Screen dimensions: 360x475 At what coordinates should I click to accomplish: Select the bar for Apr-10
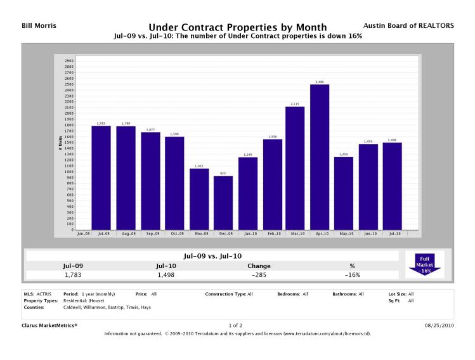(320, 157)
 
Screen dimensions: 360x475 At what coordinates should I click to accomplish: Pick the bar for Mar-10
(296, 168)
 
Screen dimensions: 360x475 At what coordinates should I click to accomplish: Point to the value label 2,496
(320, 82)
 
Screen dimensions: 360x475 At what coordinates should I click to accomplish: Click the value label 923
(223, 173)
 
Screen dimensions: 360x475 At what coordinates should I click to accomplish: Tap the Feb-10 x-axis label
(271, 234)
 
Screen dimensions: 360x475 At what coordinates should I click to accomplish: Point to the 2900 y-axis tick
(69, 61)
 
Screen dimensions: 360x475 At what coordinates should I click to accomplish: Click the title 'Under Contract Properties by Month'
(237, 27)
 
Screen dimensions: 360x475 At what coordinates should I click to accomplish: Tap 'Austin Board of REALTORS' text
(417, 25)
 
